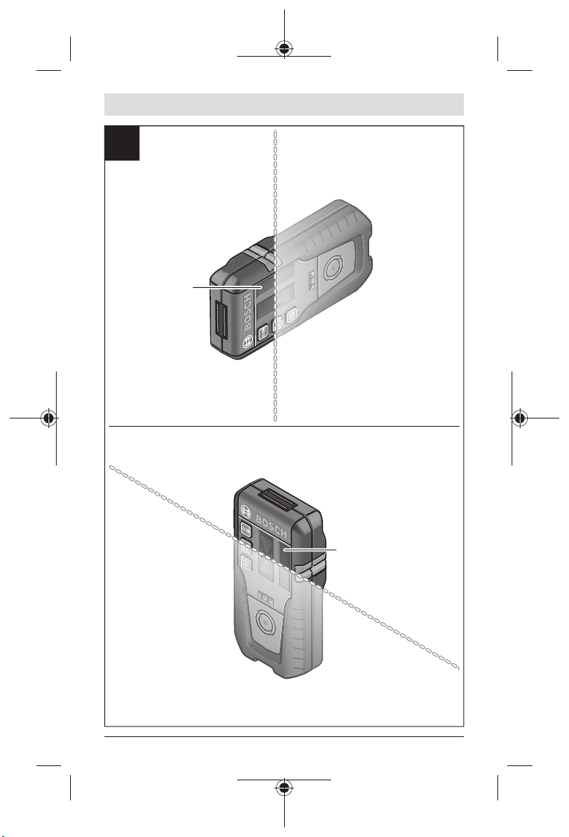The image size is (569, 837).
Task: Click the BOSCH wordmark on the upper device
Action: pyautogui.click(x=247, y=310)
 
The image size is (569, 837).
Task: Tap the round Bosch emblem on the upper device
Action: pyautogui.click(x=247, y=341)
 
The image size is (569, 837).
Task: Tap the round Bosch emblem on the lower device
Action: pyautogui.click(x=246, y=510)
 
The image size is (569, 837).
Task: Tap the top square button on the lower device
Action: pyautogui.click(x=246, y=529)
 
